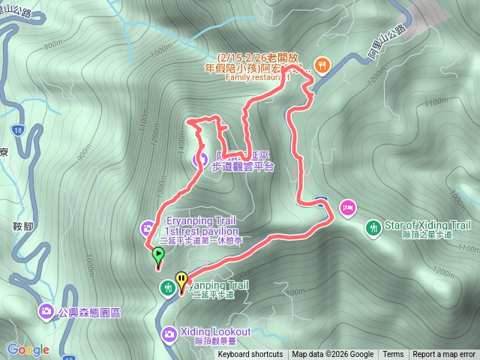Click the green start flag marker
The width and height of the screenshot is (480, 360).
point(158,256)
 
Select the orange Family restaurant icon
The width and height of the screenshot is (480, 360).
point(321,64)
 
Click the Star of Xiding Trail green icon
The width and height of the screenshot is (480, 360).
point(373,226)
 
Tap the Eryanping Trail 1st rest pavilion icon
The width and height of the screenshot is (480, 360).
point(147,227)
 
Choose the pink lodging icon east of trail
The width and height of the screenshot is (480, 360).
point(346,205)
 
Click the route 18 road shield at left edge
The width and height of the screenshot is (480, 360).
point(19,130)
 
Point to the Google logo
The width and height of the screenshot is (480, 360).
point(28,349)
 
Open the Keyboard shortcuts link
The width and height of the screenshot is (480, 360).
point(250,355)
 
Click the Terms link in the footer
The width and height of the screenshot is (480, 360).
point(393,355)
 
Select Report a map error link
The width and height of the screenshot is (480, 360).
point(444,355)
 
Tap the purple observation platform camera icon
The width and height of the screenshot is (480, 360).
point(200,159)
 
